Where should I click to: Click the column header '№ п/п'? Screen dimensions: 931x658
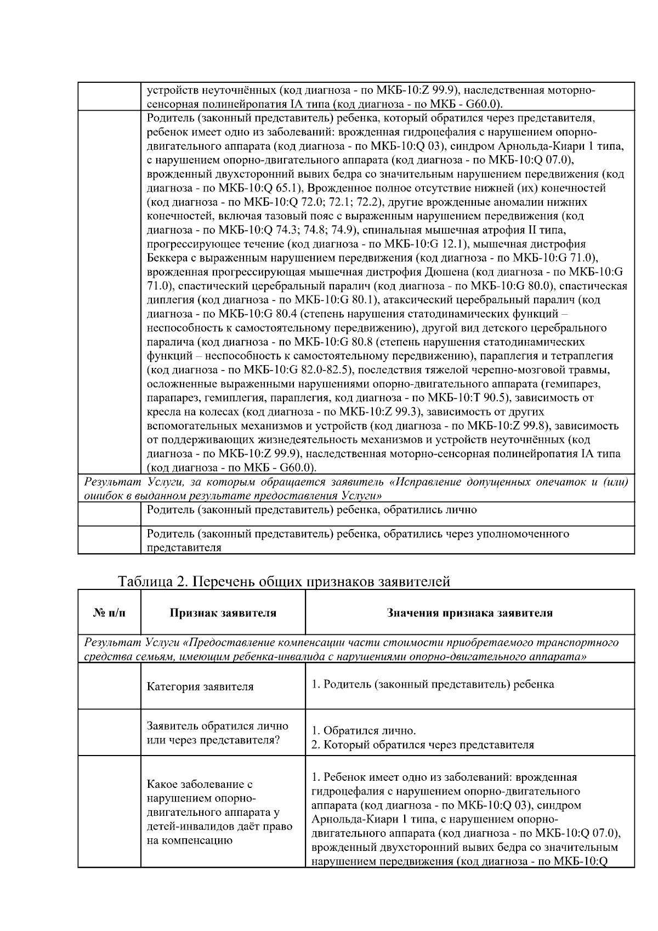[109, 613]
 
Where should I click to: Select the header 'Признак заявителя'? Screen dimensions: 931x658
[223, 613]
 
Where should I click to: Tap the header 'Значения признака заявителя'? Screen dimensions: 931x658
[469, 613]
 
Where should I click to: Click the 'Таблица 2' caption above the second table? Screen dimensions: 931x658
[284, 582]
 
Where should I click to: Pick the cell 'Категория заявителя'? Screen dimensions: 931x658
[200, 686]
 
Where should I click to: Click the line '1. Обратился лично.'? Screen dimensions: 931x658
[364, 731]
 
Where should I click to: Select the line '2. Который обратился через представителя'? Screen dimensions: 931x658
[422, 745]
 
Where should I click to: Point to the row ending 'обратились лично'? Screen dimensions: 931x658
[312, 510]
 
